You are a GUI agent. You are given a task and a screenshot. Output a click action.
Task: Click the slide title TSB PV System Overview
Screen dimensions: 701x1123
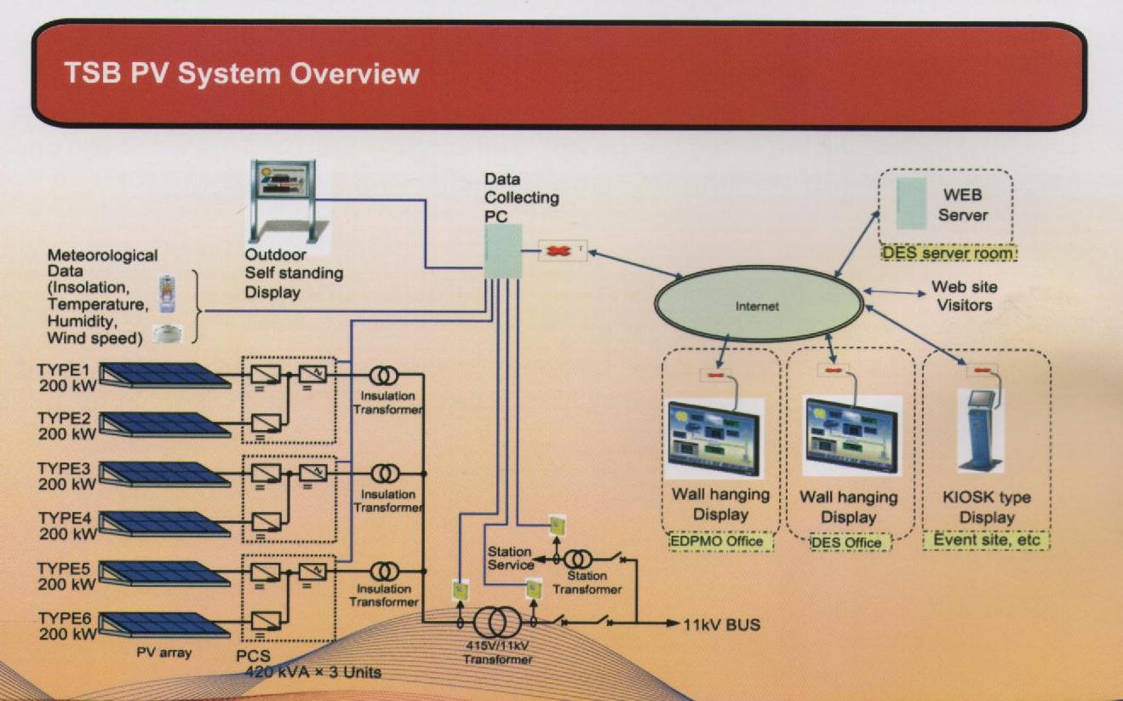(x=242, y=74)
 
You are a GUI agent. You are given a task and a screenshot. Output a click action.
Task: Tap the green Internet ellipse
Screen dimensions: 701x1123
(x=756, y=306)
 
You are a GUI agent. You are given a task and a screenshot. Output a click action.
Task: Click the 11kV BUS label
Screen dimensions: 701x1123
(x=722, y=625)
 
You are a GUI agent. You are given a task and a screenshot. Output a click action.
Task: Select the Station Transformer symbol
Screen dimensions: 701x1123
(x=577, y=560)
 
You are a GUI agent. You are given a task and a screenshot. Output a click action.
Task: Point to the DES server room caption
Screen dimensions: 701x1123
(x=947, y=254)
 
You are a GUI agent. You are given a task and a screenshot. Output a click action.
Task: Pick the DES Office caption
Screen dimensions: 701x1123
(x=845, y=543)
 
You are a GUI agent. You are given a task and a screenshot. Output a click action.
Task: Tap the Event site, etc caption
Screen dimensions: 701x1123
(x=986, y=540)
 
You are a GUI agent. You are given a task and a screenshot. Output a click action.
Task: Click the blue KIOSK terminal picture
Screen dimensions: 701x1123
(x=981, y=431)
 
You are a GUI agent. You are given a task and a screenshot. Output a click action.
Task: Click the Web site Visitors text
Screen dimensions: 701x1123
(x=964, y=296)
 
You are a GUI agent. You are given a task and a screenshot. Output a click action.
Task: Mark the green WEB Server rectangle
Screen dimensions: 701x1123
(x=911, y=204)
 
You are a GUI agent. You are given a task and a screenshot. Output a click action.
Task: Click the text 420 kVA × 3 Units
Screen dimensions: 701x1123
(x=313, y=672)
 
